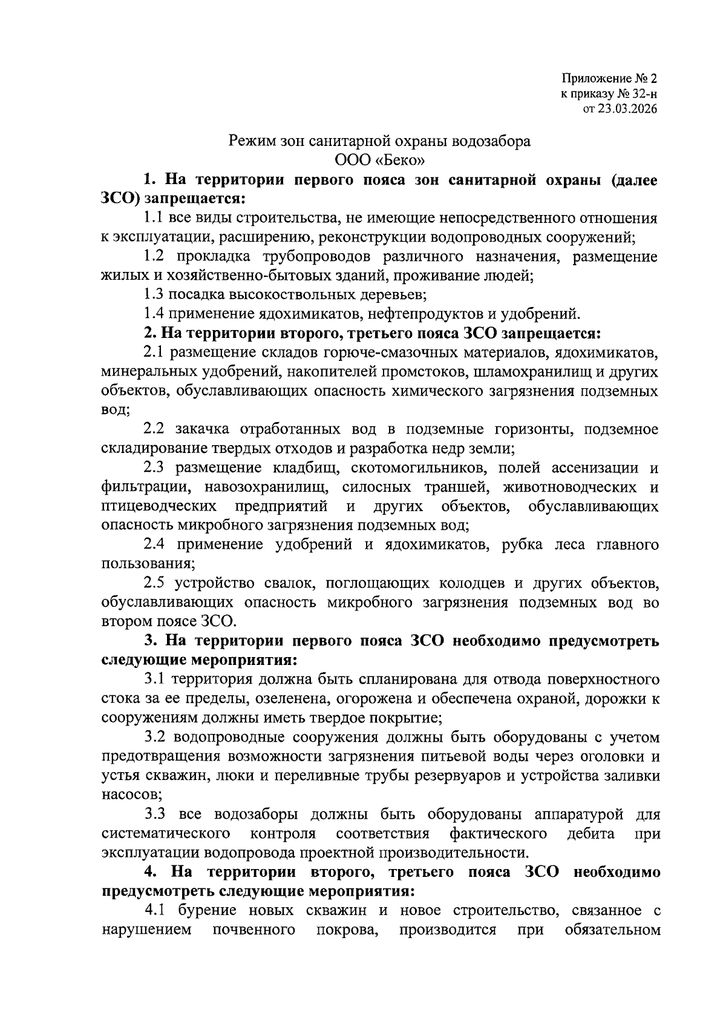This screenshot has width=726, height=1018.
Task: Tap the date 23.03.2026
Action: tap(626, 109)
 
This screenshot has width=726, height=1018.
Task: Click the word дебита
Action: tap(591, 834)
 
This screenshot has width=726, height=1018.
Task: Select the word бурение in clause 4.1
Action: tap(204, 911)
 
